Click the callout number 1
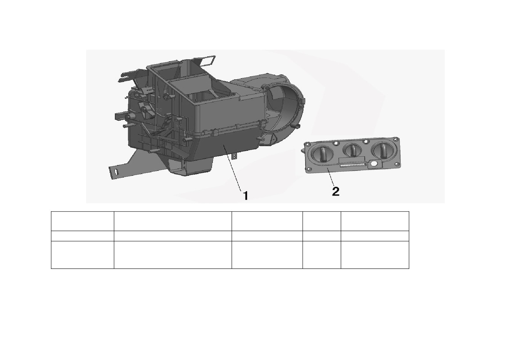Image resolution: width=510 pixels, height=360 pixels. click(x=246, y=196)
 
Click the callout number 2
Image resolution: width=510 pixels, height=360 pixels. click(x=336, y=191)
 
